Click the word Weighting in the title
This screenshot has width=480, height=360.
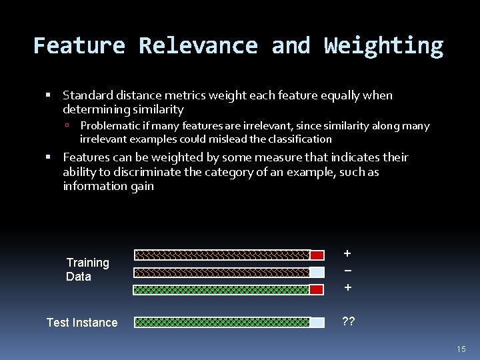tap(383, 45)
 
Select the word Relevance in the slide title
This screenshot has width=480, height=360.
tap(198, 45)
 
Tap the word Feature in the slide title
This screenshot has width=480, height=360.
tap(79, 45)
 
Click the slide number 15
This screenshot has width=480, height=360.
tap(461, 349)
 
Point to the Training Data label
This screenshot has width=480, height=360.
tap(87, 269)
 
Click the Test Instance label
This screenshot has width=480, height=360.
tap(82, 323)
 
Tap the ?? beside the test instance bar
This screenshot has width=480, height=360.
tap(348, 321)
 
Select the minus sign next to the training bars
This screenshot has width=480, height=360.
tap(347, 271)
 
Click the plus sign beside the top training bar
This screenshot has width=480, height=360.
tap(347, 253)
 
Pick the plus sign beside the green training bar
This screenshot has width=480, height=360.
tap(347, 288)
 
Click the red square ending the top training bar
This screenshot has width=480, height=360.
tap(317, 255)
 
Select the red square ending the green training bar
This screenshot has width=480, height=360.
tap(317, 289)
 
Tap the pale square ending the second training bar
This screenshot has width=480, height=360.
tap(317, 272)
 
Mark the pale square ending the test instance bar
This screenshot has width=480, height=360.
tap(317, 323)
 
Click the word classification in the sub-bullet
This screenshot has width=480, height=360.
tap(299, 139)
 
